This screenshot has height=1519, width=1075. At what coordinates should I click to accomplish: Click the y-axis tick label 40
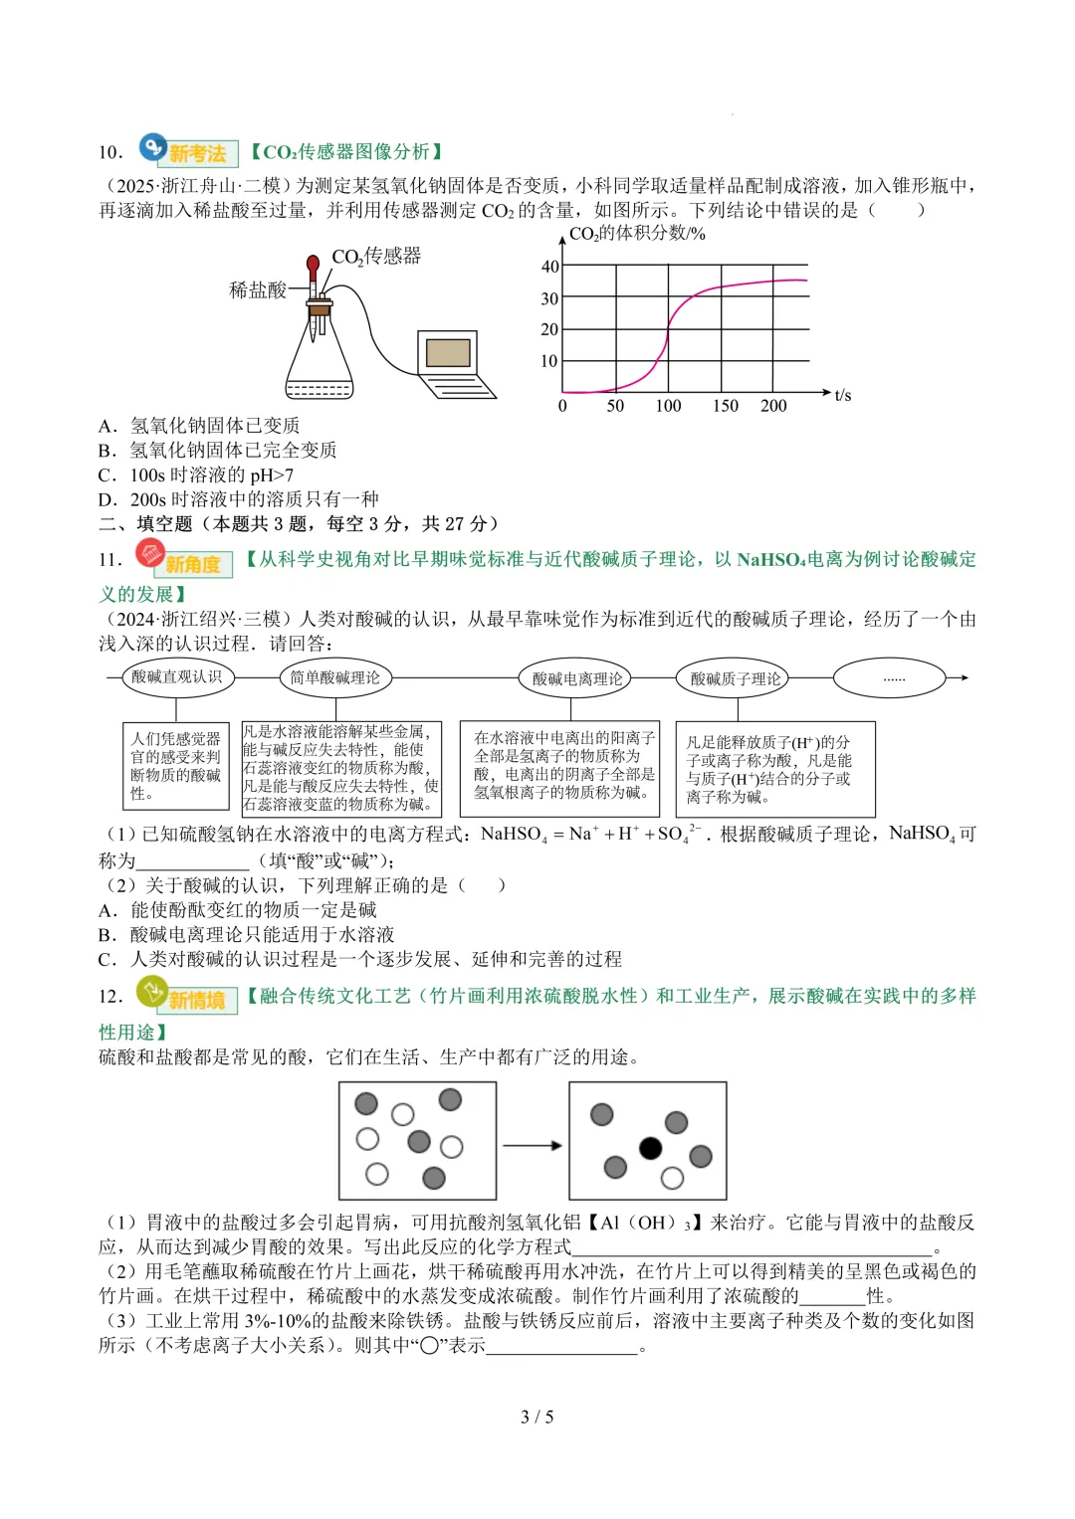[x=549, y=267]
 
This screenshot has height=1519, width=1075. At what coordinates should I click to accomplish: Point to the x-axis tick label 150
[x=726, y=406]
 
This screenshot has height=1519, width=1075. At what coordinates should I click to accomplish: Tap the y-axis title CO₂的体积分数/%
[x=637, y=234]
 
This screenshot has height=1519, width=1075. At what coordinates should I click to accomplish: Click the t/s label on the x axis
[x=842, y=396]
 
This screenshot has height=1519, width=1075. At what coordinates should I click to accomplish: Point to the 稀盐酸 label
[x=257, y=289]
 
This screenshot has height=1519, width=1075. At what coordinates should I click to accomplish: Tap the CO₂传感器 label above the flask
[x=376, y=257]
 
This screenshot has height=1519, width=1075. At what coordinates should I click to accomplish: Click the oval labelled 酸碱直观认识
[x=177, y=677]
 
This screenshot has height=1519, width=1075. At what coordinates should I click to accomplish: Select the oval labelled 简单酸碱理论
[x=335, y=677]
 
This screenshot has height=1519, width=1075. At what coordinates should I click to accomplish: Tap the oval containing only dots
[x=894, y=678]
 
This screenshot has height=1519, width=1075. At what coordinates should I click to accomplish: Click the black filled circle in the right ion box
[x=651, y=1149]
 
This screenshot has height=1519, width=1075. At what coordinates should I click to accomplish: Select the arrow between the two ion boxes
[x=533, y=1146]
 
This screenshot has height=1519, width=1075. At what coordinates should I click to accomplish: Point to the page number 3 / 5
[x=537, y=1417]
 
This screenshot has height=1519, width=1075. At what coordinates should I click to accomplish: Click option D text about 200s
[x=239, y=499]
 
